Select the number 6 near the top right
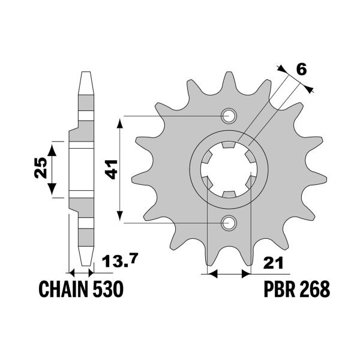[x=301, y=69]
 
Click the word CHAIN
[x=62, y=290]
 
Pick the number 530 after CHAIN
[x=108, y=290]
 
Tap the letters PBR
[x=279, y=290]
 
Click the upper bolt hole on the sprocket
[x=229, y=116]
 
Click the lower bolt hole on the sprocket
[x=229, y=224]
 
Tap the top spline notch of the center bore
[x=229, y=145]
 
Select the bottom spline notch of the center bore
[x=229, y=194]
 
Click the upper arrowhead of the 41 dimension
[x=121, y=120]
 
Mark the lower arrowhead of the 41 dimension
[x=121, y=218]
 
